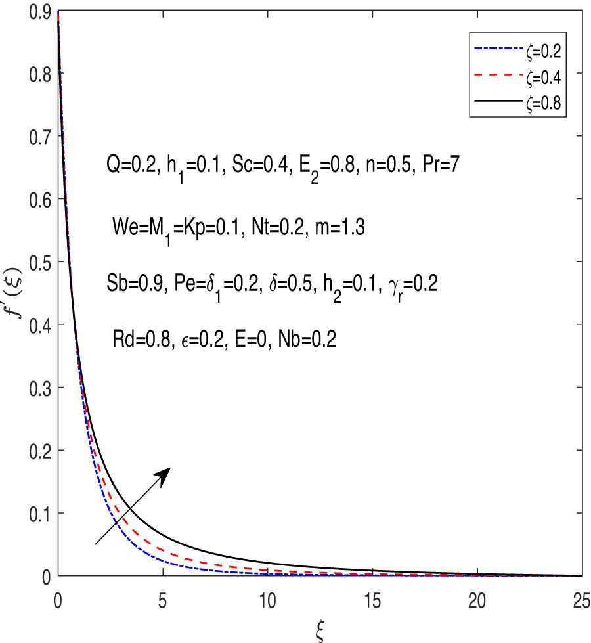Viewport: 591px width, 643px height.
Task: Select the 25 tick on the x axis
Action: click(580, 601)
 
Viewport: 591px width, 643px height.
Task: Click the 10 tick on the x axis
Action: click(267, 601)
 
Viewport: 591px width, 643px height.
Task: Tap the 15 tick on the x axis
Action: click(372, 601)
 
